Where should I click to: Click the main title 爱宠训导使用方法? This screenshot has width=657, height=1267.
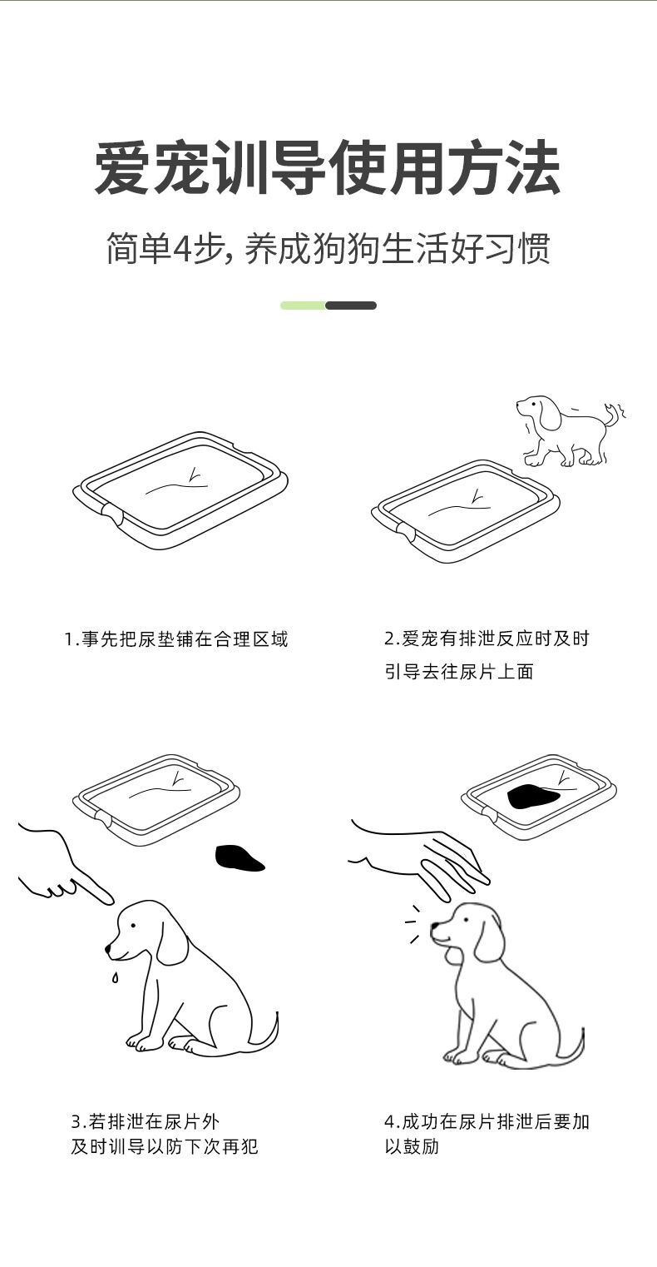coord(328,169)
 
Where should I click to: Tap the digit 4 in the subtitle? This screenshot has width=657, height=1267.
coord(184,248)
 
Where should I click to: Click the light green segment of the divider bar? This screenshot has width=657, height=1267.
coord(303,306)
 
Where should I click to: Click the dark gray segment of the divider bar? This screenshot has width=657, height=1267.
coord(351,306)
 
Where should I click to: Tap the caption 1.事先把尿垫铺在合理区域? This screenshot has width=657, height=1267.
coord(176,639)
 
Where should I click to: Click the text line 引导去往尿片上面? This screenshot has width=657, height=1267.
coord(458,672)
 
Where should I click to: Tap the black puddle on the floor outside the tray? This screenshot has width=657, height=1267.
coord(239,858)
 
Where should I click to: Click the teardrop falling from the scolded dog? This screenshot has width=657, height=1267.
coord(115,977)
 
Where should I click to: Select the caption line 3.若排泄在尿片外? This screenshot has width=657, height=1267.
coord(146,1121)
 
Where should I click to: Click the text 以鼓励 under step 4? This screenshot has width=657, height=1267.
coord(411,1146)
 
